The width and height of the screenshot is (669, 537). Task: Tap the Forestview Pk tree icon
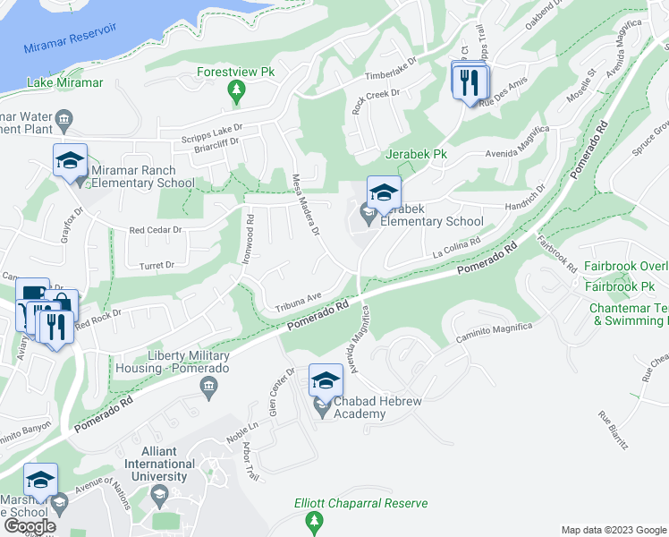tap(236, 89)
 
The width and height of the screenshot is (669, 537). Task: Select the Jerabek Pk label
tap(416, 154)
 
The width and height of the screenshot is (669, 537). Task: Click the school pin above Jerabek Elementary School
tap(384, 192)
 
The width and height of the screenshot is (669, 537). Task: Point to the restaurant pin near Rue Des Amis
tap(469, 83)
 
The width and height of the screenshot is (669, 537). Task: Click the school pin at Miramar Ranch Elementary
tap(70, 161)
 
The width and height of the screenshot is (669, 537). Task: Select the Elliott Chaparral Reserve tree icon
tap(313, 520)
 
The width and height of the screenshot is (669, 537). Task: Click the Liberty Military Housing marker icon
tap(208, 387)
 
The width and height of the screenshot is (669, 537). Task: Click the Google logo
tap(30, 525)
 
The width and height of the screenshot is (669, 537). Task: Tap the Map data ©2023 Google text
tap(613, 530)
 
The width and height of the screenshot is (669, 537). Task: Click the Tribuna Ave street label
tap(298, 298)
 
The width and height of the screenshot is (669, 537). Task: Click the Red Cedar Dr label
tap(156, 230)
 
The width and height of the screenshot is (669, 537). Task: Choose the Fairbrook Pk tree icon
tap(613, 287)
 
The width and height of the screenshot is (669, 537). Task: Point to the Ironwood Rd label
tap(250, 237)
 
